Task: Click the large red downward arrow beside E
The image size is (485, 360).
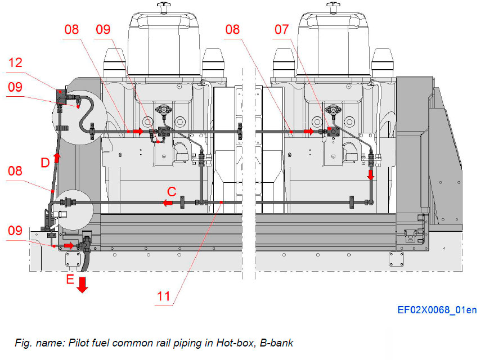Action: [x=82, y=284]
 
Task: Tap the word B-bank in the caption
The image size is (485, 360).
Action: [x=275, y=342]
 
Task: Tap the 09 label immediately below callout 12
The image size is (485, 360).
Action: [x=16, y=87]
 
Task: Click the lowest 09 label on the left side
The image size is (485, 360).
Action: [x=16, y=230]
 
